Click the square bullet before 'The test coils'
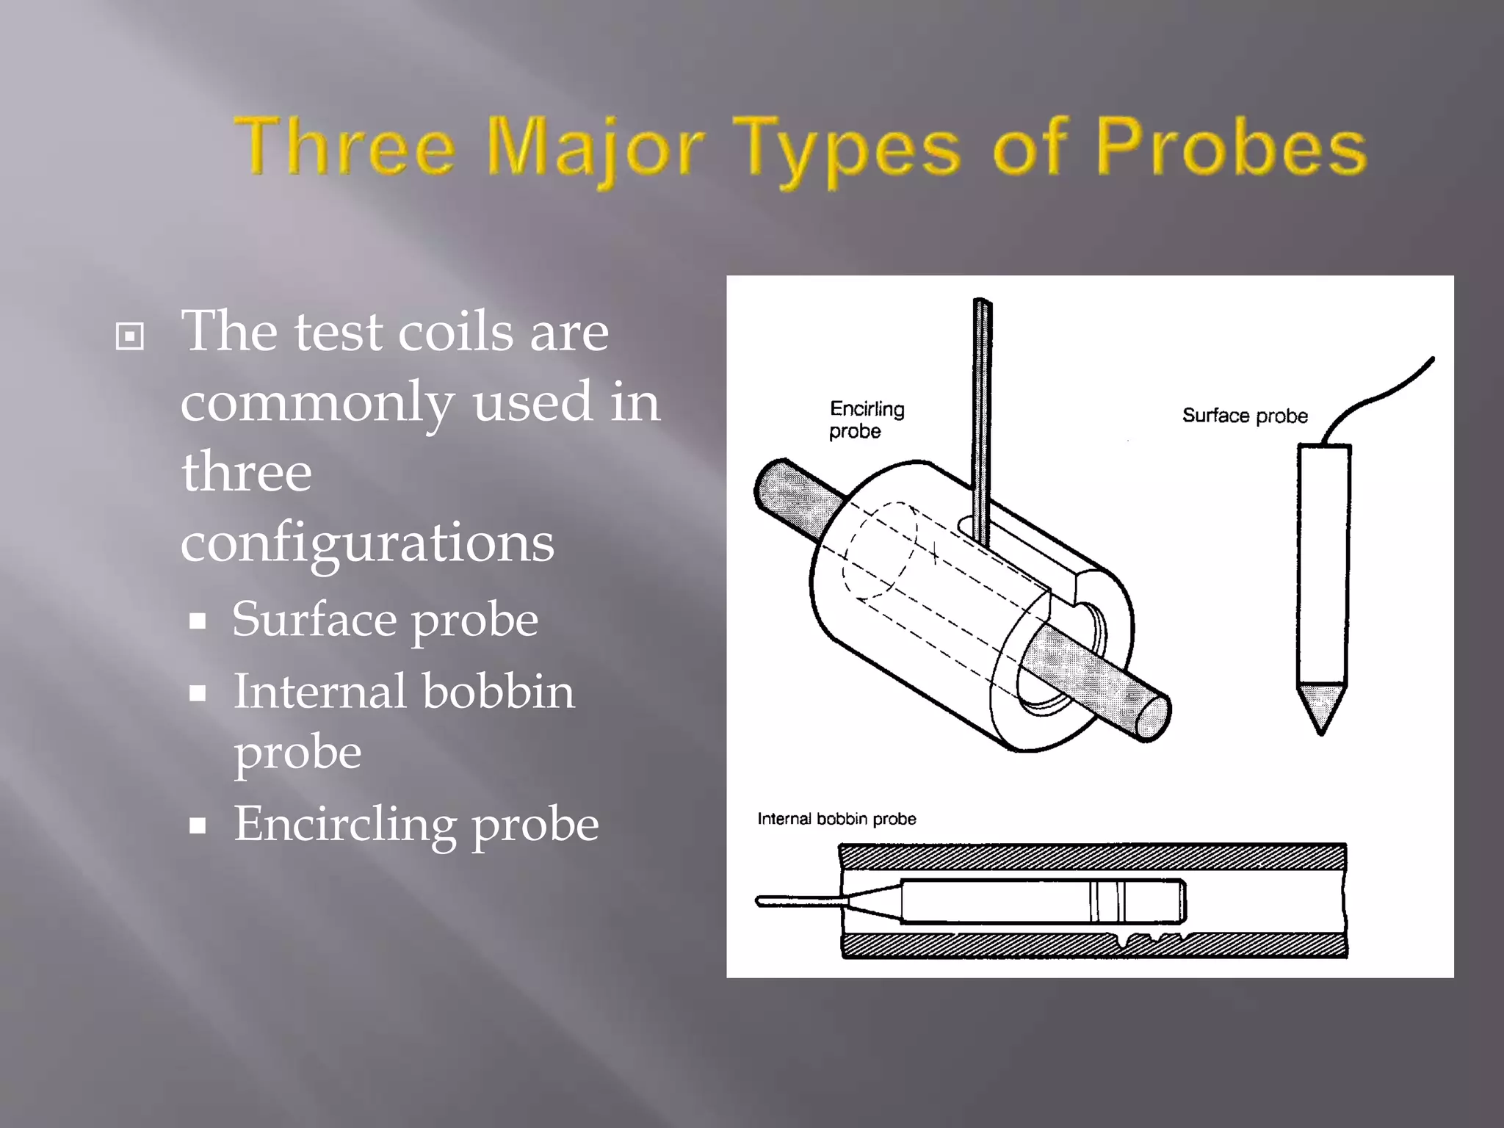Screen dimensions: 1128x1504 (x=130, y=337)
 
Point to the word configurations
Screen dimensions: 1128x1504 (x=367, y=543)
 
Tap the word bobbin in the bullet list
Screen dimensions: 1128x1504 (x=499, y=693)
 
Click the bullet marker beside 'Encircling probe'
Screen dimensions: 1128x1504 (x=197, y=826)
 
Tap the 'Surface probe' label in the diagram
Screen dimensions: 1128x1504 (x=1245, y=416)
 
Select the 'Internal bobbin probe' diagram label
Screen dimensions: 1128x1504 (x=836, y=819)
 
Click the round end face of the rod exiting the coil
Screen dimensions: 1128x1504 (x=1152, y=717)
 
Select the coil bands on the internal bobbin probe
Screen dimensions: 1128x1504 (x=1106, y=901)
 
